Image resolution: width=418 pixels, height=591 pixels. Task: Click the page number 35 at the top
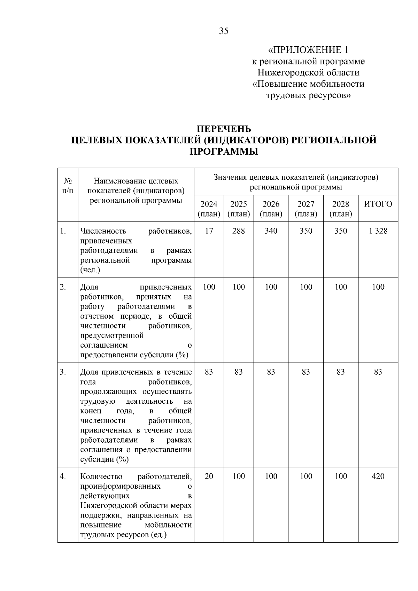pos(224,31)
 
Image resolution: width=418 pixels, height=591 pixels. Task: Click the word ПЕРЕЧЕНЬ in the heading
pos(224,129)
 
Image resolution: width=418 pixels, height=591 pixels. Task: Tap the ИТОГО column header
pos(378,204)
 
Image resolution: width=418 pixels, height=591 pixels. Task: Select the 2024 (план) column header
pos(209,209)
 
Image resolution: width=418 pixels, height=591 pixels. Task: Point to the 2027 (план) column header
pos(306,209)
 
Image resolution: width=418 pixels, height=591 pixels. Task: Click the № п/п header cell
pos(68,186)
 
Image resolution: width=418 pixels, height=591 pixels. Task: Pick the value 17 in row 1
pos(209,231)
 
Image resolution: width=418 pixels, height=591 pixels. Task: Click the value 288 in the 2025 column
pos(239,231)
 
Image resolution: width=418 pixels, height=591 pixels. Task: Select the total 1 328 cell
pos(378,231)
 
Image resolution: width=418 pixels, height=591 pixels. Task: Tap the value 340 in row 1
pos(271,231)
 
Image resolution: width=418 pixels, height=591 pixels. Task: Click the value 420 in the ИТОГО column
pos(378,476)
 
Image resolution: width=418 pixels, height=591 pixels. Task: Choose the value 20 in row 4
pos(209,476)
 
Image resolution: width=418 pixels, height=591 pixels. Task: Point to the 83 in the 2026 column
pos(271,372)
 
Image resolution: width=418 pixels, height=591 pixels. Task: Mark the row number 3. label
pos(63,372)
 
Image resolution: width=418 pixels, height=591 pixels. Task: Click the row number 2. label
pos(63,287)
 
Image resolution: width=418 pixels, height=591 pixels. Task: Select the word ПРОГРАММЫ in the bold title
pos(224,151)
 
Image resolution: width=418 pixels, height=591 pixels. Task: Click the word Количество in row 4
pos(101,476)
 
